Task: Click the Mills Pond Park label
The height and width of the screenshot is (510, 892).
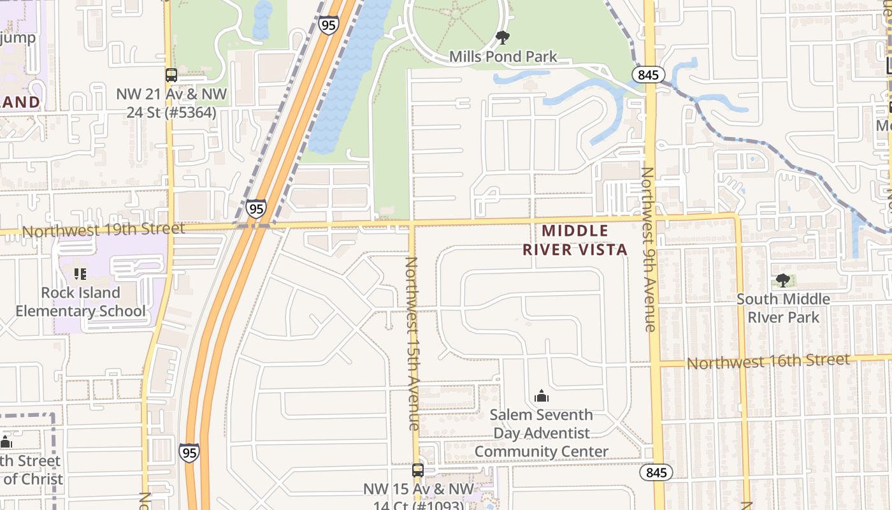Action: click(503, 57)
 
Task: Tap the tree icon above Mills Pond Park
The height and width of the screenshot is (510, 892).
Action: click(503, 38)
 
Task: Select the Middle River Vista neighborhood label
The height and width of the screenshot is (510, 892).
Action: click(575, 240)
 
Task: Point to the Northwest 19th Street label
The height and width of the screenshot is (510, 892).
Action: click(103, 229)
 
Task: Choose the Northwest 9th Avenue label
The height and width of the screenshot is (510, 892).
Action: click(649, 249)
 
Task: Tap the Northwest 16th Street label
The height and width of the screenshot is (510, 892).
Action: click(768, 361)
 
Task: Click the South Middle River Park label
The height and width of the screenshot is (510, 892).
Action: click(783, 308)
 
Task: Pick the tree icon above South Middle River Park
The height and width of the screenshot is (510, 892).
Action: click(783, 280)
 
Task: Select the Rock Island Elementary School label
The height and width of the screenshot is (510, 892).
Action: click(80, 302)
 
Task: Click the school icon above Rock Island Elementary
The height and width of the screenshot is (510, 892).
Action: click(80, 274)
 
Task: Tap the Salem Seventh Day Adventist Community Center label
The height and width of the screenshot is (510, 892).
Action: click(541, 433)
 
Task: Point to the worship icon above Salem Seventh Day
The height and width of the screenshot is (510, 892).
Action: click(542, 396)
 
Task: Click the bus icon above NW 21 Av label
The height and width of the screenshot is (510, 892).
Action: click(171, 75)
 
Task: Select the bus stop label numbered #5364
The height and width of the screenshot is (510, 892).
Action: click(171, 104)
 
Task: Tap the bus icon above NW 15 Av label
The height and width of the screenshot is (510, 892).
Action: click(417, 470)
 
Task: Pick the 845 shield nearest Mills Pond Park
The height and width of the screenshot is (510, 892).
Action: click(649, 75)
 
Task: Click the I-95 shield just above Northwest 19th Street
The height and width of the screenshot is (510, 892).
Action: click(256, 208)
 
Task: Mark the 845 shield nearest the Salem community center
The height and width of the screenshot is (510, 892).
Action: click(656, 472)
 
